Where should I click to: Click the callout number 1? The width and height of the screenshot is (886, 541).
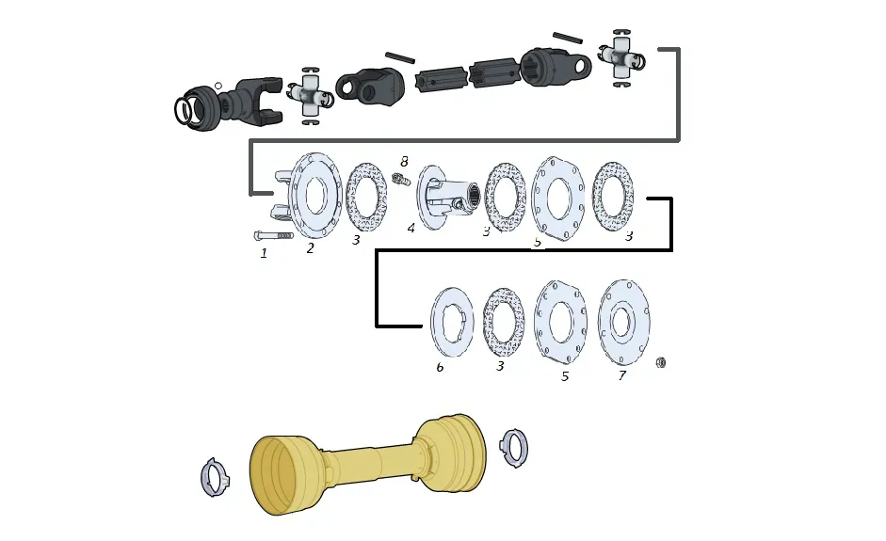click(x=264, y=253)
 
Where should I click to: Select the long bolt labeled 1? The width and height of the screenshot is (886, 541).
click(x=273, y=235)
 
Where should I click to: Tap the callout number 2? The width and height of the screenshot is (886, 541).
click(x=310, y=248)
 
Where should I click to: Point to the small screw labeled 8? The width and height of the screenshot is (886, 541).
click(x=401, y=178)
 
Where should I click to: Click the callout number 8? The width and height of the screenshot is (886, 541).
click(x=404, y=162)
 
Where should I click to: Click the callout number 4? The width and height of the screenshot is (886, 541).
click(x=411, y=228)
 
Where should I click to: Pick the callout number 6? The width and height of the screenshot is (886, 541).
click(x=440, y=367)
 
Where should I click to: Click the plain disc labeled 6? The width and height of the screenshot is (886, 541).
click(x=452, y=323)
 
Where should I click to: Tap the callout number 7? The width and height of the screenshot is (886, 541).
click(x=621, y=375)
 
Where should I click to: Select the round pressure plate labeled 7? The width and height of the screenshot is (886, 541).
click(x=623, y=323)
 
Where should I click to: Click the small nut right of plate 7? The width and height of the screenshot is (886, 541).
click(x=661, y=362)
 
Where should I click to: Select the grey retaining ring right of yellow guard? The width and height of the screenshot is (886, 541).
click(x=513, y=447)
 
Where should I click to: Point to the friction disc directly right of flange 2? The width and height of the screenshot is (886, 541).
click(x=365, y=196)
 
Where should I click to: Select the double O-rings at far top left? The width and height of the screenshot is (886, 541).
click(x=186, y=111)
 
